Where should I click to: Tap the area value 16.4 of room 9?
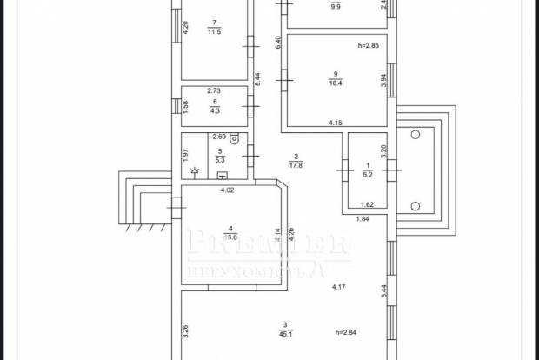point(335,83)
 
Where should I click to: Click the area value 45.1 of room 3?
point(285,332)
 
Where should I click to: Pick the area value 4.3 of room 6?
point(214,110)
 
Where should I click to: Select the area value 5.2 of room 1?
point(367,175)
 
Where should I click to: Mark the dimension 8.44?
point(258,76)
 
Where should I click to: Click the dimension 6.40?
point(277,40)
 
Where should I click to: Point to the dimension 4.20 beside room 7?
point(186,25)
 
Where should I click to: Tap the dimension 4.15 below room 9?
point(336,123)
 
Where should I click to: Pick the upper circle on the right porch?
point(415,135)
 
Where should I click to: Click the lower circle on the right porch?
point(415,206)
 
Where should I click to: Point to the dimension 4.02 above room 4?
point(228,190)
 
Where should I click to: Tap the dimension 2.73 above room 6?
point(213,90)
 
